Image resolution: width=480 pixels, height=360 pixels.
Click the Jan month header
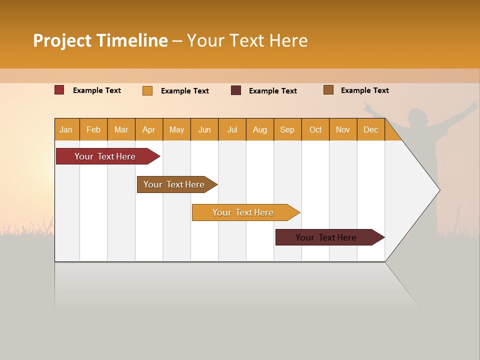tap(66, 129)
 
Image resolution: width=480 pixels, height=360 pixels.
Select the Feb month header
tap(93, 129)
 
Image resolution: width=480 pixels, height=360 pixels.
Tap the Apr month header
tap(148, 129)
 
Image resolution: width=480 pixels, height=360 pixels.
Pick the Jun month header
tap(204, 129)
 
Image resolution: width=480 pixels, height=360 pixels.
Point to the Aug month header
tap(259, 129)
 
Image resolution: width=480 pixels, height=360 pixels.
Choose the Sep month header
tap(287, 129)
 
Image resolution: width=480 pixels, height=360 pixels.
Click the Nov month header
tap(342, 129)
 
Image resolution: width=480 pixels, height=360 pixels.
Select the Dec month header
tap(370, 129)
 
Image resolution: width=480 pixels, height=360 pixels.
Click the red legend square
tap(59, 90)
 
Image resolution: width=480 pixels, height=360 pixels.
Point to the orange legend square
tap(147, 90)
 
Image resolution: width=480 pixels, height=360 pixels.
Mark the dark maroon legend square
tap(236, 90)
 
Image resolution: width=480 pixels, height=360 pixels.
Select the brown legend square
tap(328, 90)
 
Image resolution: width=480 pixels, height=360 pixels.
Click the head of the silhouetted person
tap(418, 118)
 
